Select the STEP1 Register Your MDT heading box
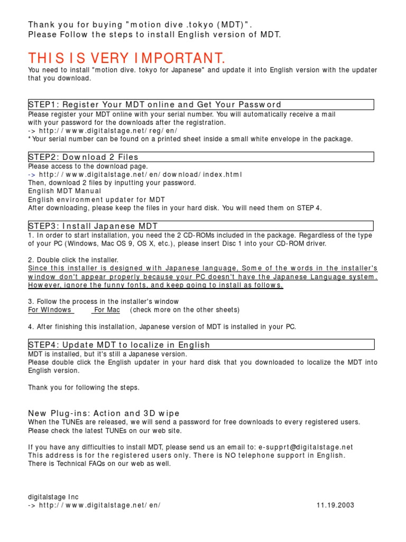tap(201, 104)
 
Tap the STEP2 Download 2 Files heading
tap(201, 157)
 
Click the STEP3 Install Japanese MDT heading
tap(201, 226)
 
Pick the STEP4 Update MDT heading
tap(201, 345)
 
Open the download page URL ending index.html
tap(141, 174)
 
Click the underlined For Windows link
tap(50, 310)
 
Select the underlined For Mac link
tap(107, 310)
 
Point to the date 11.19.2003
tap(335, 505)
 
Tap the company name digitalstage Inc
tap(53, 496)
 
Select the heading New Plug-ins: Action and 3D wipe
tap(104, 413)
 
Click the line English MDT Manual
tap(64, 191)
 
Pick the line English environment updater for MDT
tap(96, 200)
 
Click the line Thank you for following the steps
tap(84, 387)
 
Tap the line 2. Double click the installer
tap(73, 260)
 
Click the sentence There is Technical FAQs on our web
tap(99, 464)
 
